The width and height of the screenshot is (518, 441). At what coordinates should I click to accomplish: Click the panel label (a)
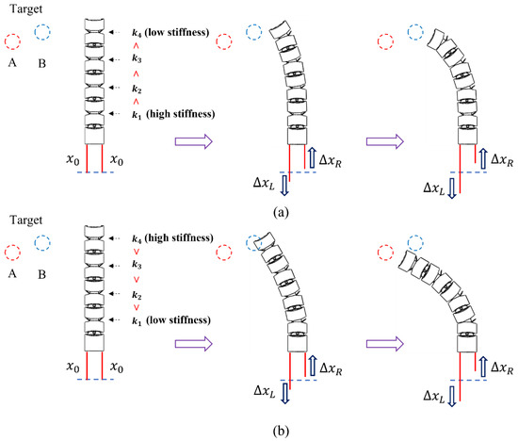tap(259, 212)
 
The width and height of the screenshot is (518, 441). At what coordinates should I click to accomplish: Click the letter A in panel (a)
tap(12, 66)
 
